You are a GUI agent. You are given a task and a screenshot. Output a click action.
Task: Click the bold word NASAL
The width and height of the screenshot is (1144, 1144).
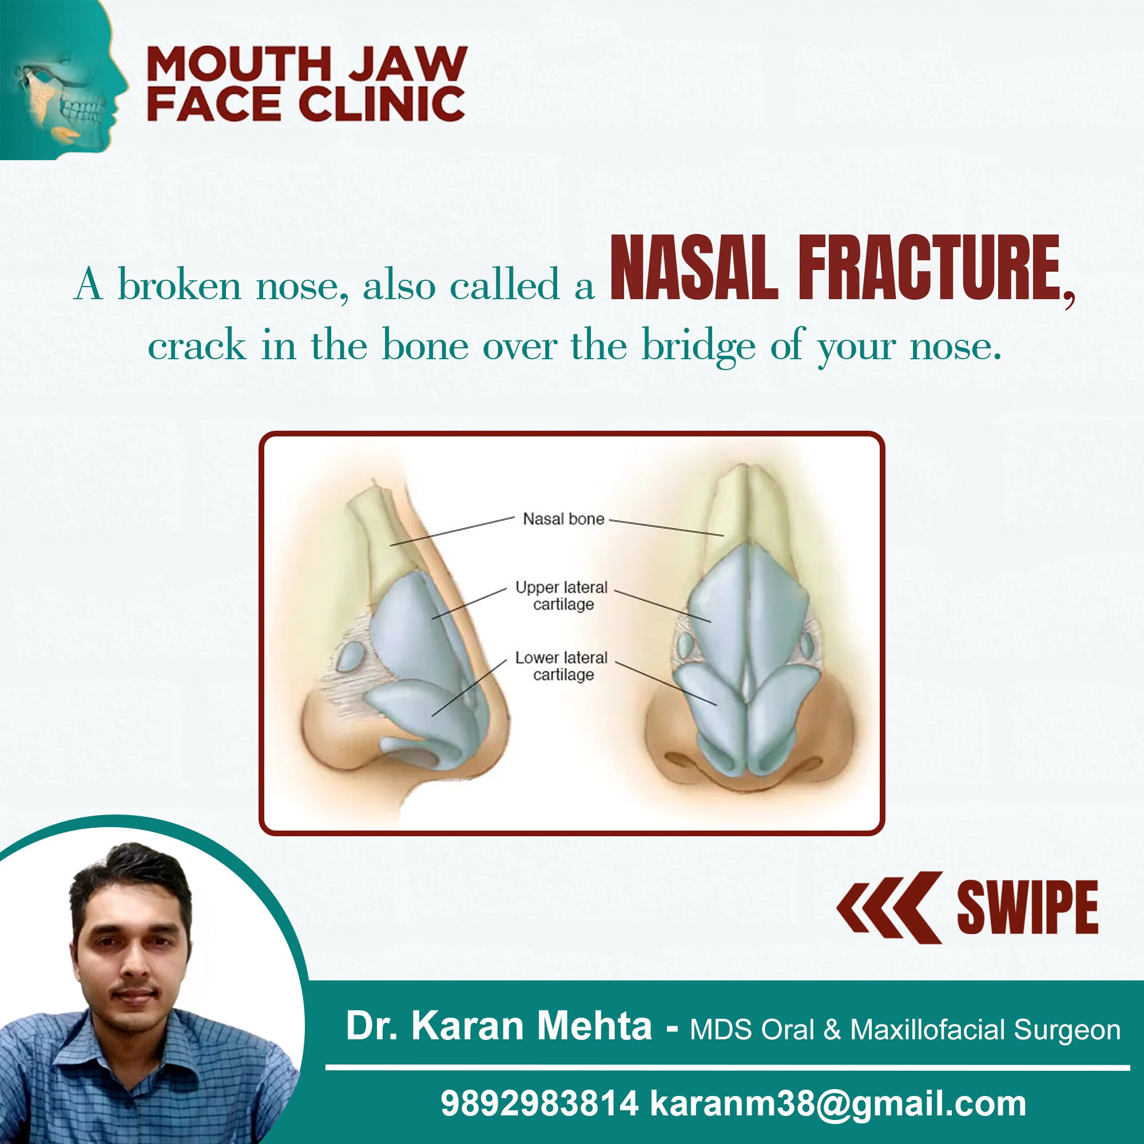click(693, 268)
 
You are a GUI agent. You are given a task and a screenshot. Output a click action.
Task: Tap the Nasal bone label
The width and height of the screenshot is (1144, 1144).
click(563, 519)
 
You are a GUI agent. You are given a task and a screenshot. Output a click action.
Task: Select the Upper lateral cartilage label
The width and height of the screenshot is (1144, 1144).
click(561, 595)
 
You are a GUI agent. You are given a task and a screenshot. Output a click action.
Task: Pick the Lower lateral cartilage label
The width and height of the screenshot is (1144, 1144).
click(561, 666)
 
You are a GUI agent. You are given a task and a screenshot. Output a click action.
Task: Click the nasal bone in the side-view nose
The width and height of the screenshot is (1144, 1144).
click(385, 539)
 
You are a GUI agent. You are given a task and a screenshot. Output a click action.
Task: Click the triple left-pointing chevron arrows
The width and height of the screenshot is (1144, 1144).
click(889, 907)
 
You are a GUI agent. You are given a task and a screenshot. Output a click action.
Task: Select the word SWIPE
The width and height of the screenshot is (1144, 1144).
click(1027, 908)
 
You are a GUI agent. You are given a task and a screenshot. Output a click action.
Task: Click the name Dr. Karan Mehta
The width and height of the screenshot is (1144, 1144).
click(499, 1026)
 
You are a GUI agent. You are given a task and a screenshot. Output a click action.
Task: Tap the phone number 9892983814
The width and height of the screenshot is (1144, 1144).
click(539, 1104)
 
